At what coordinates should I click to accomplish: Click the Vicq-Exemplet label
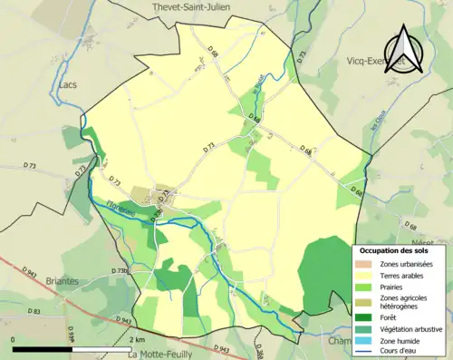click(398, 63)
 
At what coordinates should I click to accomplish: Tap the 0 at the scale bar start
click(13, 338)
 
